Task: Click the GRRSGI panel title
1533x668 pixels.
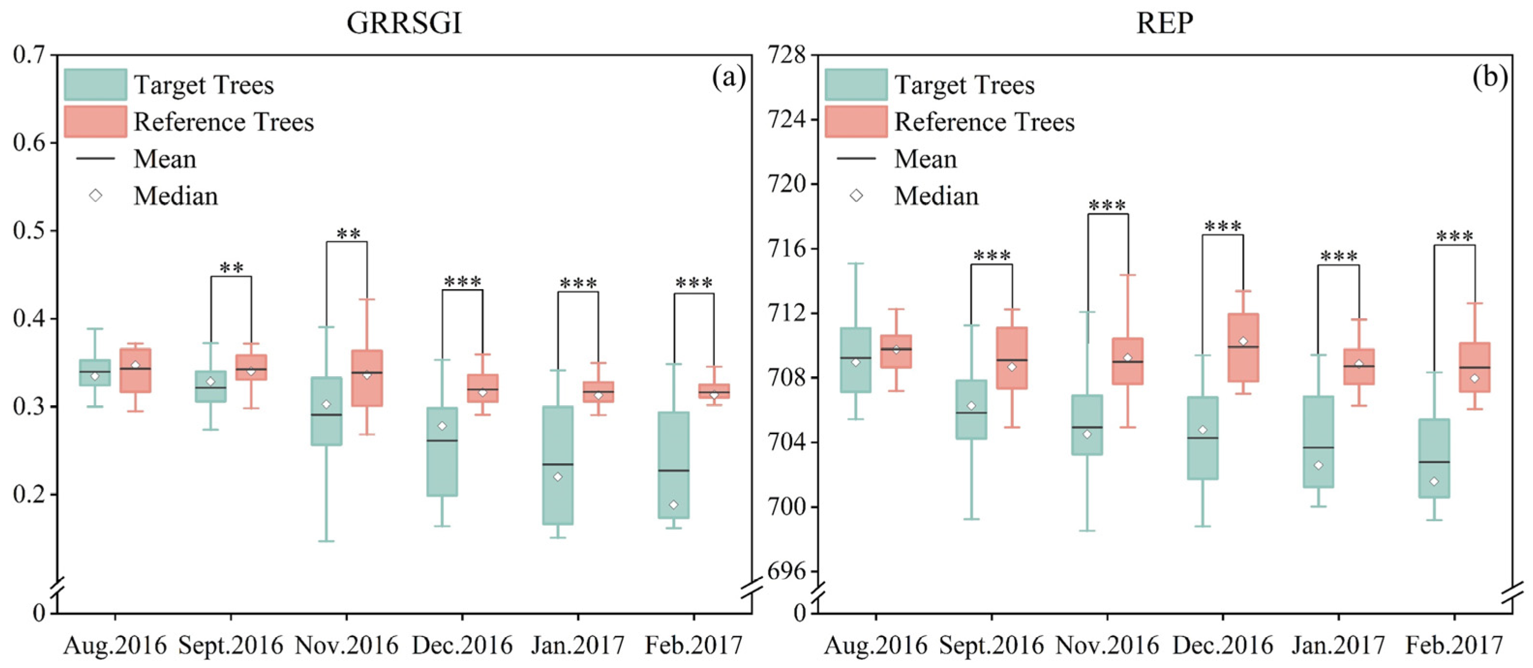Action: tap(404, 24)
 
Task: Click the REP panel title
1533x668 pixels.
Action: tap(1164, 24)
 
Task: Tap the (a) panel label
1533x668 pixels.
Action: tap(728, 78)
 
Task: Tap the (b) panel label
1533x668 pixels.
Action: tap(1489, 78)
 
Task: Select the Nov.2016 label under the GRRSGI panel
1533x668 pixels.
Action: tap(346, 645)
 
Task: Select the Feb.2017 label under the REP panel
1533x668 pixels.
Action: tap(1454, 645)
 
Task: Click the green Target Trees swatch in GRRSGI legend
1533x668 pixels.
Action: tap(95, 85)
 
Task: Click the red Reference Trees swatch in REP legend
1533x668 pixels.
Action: tap(856, 122)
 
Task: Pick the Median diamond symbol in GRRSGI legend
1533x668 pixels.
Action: tap(95, 196)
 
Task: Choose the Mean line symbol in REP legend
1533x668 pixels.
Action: tap(856, 158)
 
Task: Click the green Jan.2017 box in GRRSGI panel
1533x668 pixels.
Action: tap(557, 465)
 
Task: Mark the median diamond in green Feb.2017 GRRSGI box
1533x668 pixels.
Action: tap(673, 505)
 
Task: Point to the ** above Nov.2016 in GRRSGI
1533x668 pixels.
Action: tap(347, 233)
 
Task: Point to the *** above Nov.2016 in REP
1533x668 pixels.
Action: tap(1107, 205)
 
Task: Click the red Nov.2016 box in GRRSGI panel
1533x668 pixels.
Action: tap(367, 378)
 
